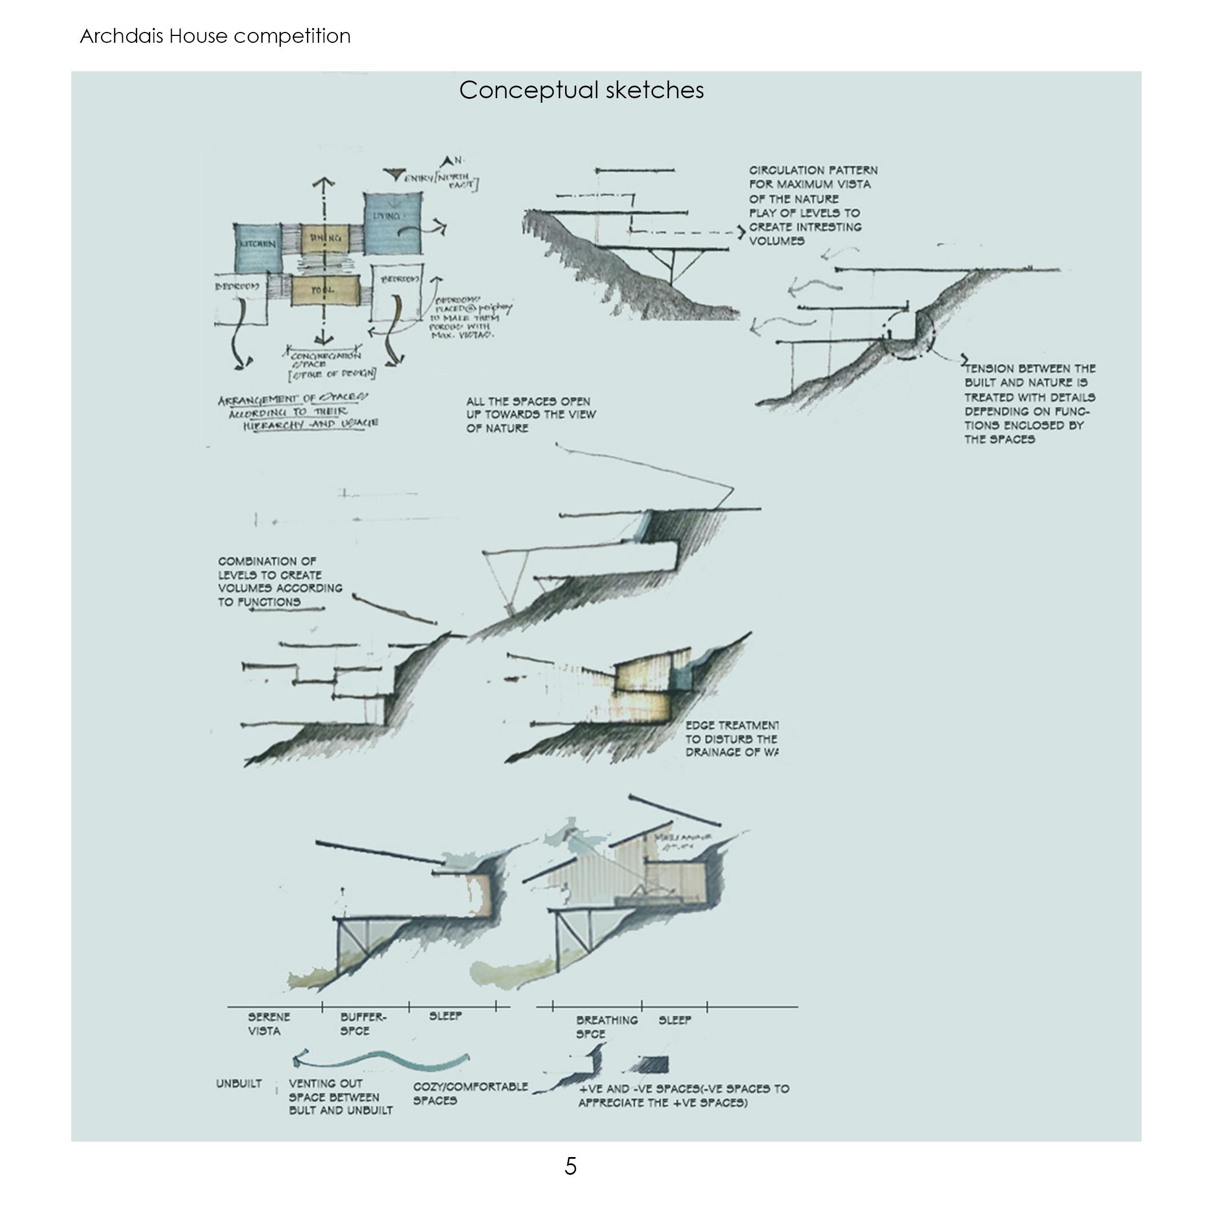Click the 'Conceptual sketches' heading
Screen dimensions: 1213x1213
tap(582, 90)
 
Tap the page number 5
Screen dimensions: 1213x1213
tap(570, 1166)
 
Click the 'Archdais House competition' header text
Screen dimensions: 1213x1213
tap(215, 36)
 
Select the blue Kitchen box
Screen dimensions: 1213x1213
tap(258, 247)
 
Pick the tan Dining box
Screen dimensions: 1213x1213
tap(325, 239)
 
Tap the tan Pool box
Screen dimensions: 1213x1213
tap(325, 290)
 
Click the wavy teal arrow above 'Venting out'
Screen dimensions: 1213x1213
tap(381, 1061)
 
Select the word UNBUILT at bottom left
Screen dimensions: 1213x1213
tap(239, 1085)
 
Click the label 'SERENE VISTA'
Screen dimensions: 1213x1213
tap(268, 1023)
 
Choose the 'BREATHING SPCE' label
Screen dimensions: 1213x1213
tap(606, 1026)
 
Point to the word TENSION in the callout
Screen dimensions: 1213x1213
tap(988, 369)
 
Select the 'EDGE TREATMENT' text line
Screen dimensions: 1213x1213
tap(731, 725)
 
